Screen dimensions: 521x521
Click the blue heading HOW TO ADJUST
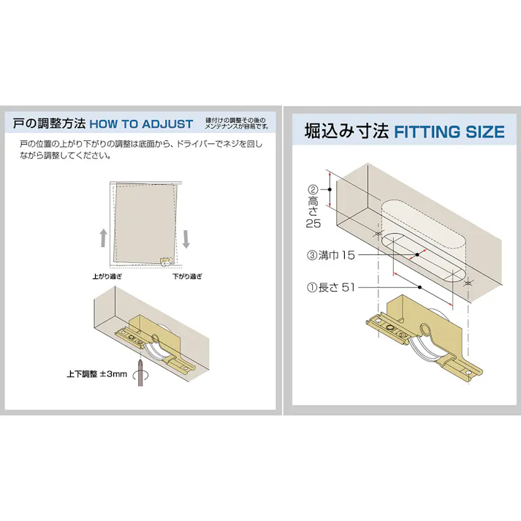coord(141,124)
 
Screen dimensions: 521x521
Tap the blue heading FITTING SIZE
coord(449,132)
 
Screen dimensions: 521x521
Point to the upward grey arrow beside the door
coord(104,238)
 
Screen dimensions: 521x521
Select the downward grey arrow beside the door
coord(186,239)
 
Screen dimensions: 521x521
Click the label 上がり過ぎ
coord(107,276)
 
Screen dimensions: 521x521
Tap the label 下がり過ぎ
coord(187,276)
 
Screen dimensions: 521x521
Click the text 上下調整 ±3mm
coord(97,374)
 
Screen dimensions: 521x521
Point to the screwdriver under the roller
coord(140,371)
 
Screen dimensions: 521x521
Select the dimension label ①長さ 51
coord(331,287)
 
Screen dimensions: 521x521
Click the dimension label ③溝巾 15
coord(331,255)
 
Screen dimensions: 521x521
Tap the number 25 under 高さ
coord(313,224)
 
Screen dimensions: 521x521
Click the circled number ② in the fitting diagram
coord(313,190)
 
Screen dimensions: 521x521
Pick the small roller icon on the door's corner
coord(165,262)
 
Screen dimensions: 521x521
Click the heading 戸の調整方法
coord(50,123)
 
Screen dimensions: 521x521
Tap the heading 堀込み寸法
coord(347,131)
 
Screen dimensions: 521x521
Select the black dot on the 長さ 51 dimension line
coord(419,287)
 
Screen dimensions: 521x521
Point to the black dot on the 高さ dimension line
coord(330,189)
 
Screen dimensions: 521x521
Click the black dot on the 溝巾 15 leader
coord(417,255)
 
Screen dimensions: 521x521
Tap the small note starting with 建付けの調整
coord(237,123)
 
